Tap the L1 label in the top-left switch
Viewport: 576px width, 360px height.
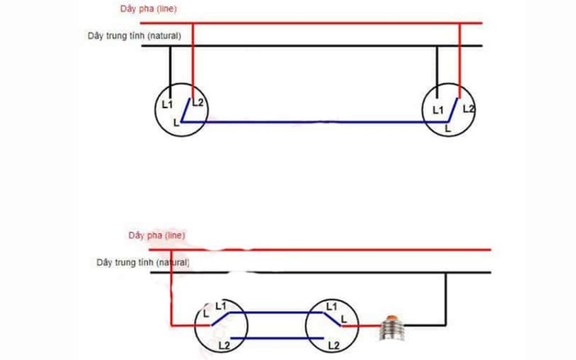coord(167,104)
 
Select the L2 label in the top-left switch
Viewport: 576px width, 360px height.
coord(198,102)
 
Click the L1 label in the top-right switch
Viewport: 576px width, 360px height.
coord(438,109)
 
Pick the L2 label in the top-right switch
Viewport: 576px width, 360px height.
coord(468,109)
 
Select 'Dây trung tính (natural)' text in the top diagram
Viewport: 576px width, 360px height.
coord(134,35)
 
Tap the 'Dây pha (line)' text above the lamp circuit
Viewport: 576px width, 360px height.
coord(156,235)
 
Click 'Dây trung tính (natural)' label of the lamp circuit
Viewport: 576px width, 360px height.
coord(143,263)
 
